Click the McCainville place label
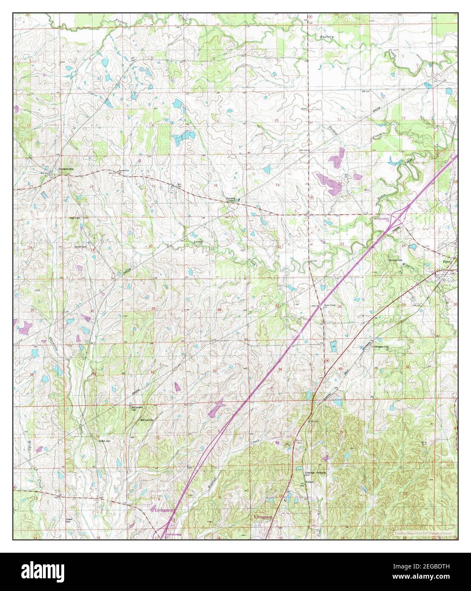coord(147,420)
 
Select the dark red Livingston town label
coord(263,517)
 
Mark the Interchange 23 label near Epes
coord(382,219)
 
